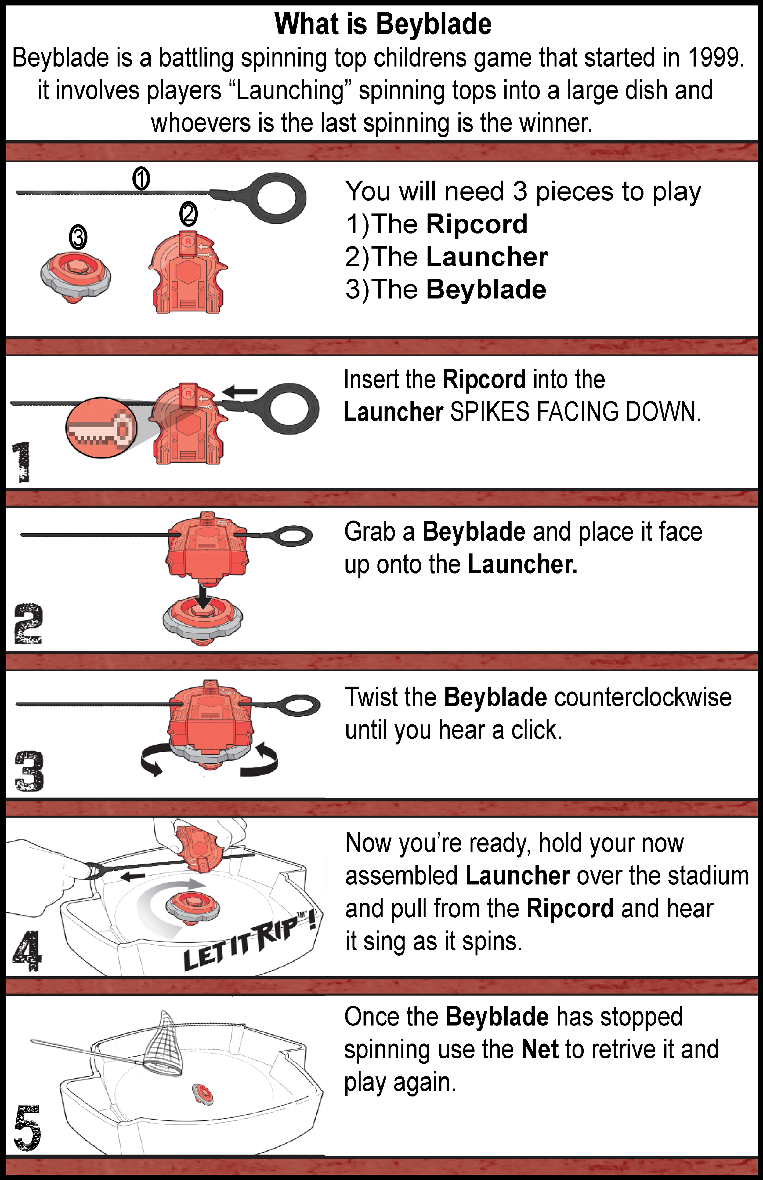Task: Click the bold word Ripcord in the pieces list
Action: click(x=477, y=224)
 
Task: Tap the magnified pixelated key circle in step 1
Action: click(x=102, y=427)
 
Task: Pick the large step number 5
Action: click(x=27, y=1127)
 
